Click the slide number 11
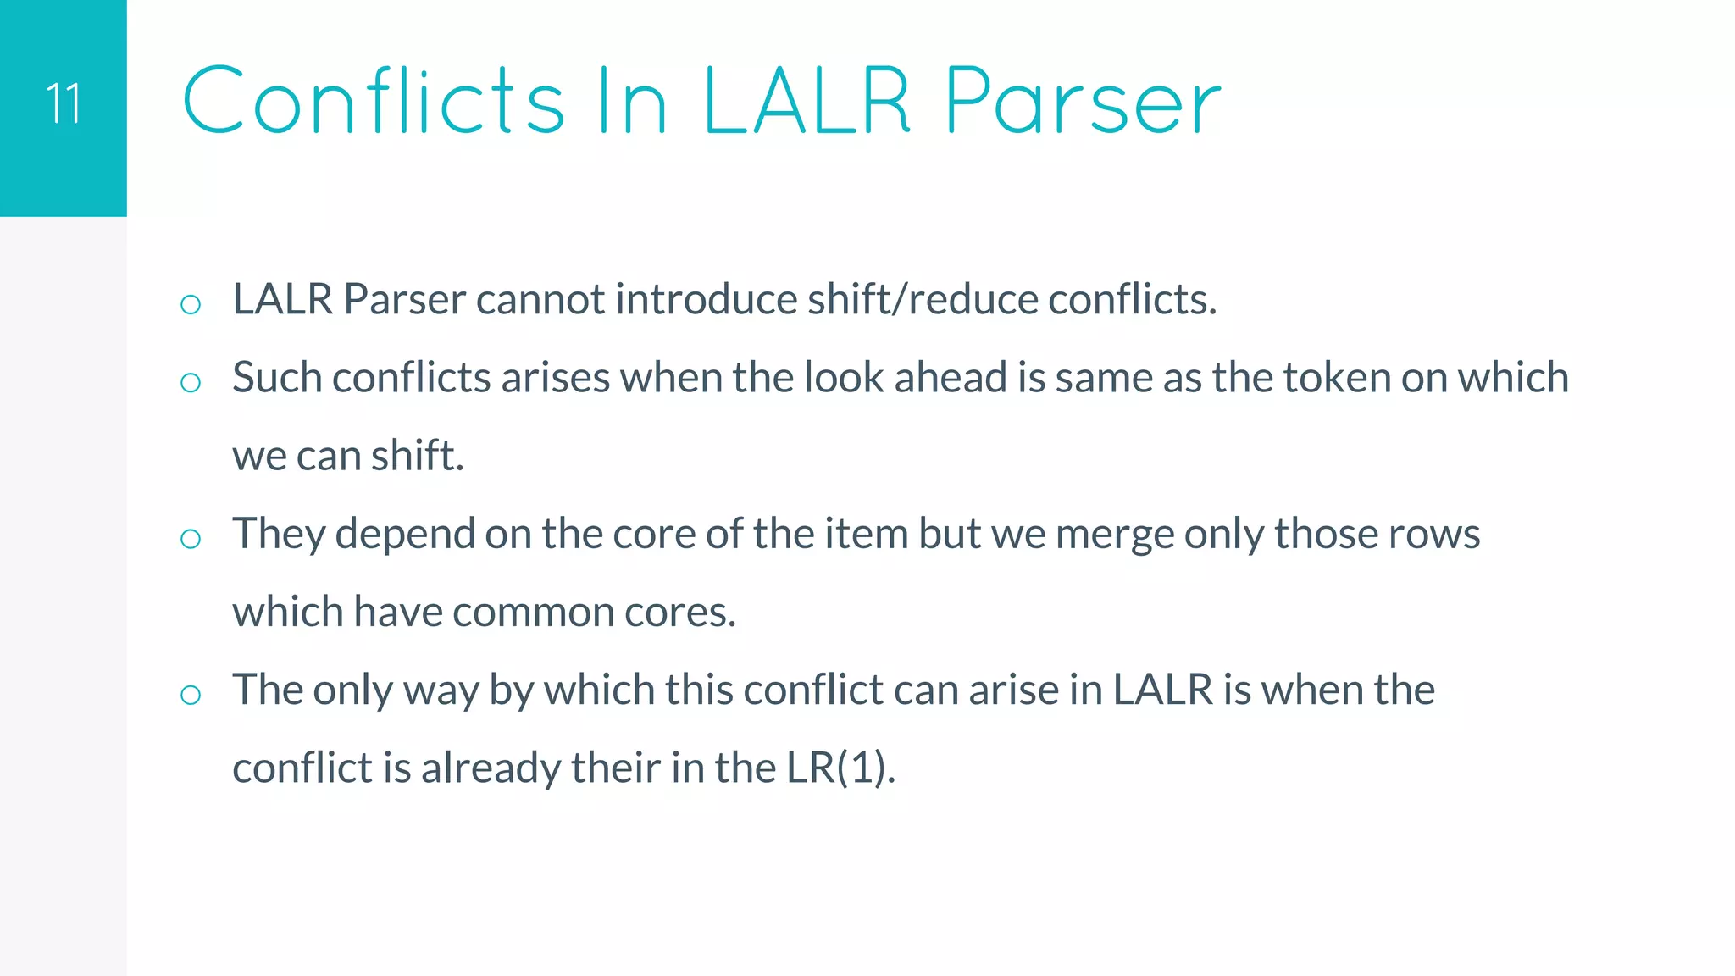[64, 104]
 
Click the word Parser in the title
[1083, 103]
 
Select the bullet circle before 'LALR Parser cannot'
[191, 305]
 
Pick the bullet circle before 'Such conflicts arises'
[191, 383]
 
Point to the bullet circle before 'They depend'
[191, 539]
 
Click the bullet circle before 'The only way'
[191, 696]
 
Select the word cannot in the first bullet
[540, 299]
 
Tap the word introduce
[706, 299]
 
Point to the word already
[491, 768]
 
